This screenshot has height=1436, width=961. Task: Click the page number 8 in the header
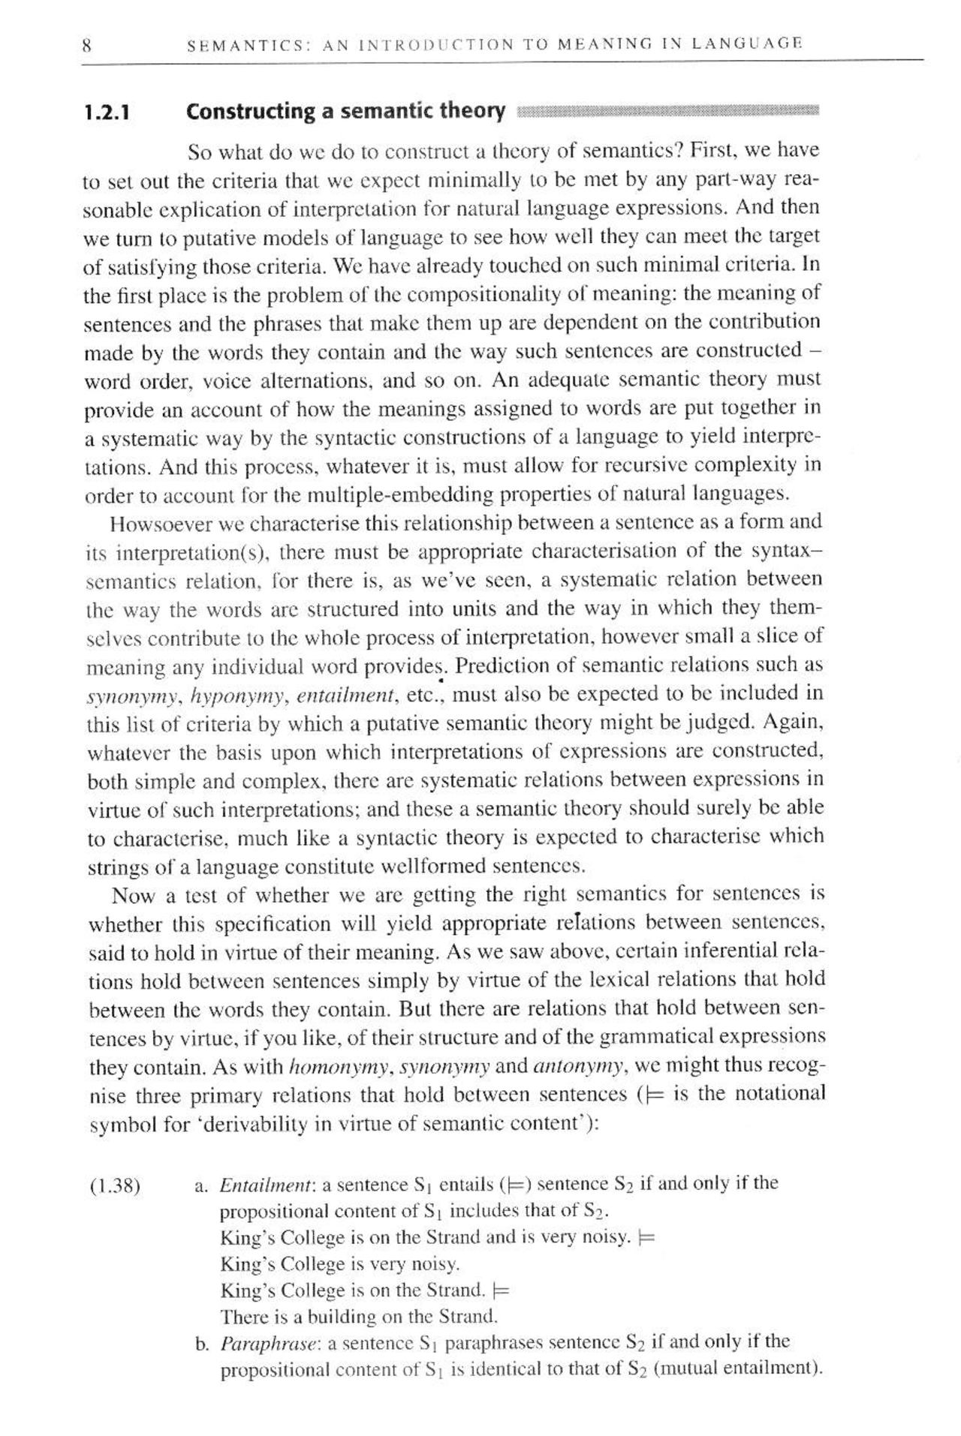pyautogui.click(x=86, y=44)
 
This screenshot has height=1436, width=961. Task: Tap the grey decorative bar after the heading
pyautogui.click(x=667, y=112)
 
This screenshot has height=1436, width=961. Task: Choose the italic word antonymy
pyautogui.click(x=577, y=1066)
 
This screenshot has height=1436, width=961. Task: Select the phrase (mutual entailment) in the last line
pyautogui.click(x=738, y=1368)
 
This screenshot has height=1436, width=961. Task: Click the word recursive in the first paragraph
pyautogui.click(x=645, y=465)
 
